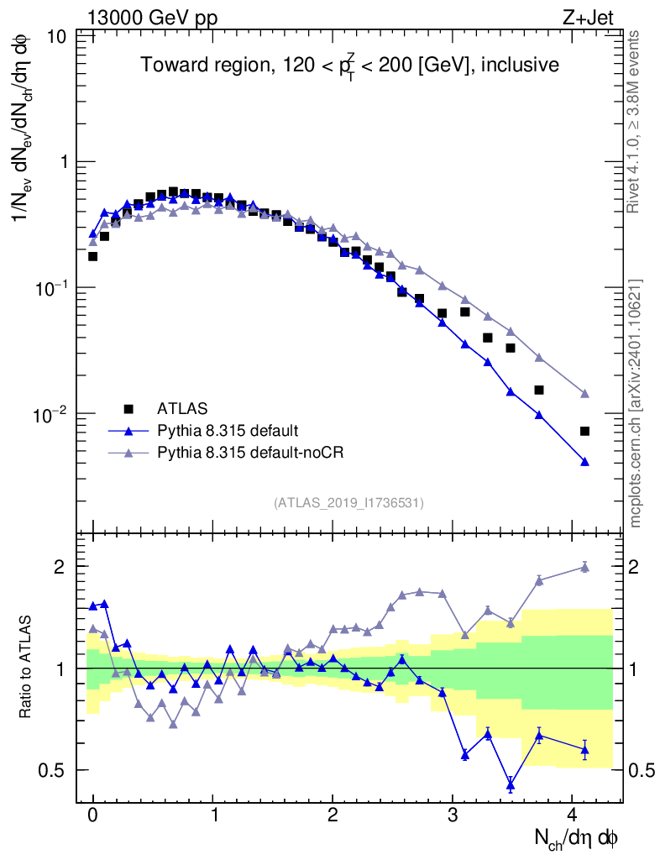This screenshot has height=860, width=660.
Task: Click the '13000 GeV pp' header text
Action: click(x=150, y=18)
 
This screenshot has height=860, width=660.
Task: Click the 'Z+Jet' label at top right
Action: click(x=601, y=18)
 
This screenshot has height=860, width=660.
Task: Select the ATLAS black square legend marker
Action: click(x=128, y=409)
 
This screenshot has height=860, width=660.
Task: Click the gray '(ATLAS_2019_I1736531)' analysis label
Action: click(x=348, y=503)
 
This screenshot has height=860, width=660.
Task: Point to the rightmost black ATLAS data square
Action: click(x=584, y=431)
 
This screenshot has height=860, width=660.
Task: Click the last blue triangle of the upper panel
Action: click(x=584, y=462)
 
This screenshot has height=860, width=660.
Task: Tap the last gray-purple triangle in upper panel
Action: click(x=584, y=393)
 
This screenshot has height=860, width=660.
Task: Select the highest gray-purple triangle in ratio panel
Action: click(x=584, y=567)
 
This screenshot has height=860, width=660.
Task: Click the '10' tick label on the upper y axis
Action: click(x=58, y=36)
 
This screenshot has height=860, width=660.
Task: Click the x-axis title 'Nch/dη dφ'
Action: click(x=577, y=837)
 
